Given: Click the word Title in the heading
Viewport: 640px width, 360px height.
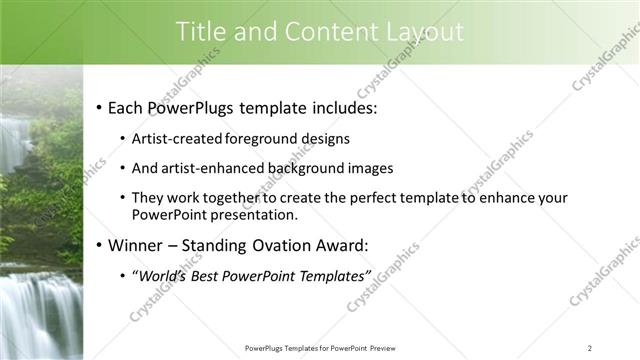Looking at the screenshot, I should pyautogui.click(x=202, y=32).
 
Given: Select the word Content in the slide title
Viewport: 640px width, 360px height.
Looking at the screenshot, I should pyautogui.click(x=320, y=32).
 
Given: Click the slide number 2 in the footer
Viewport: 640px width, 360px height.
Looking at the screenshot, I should pyautogui.click(x=589, y=348).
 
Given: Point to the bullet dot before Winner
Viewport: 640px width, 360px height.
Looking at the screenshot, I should pyautogui.click(x=99, y=245).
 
